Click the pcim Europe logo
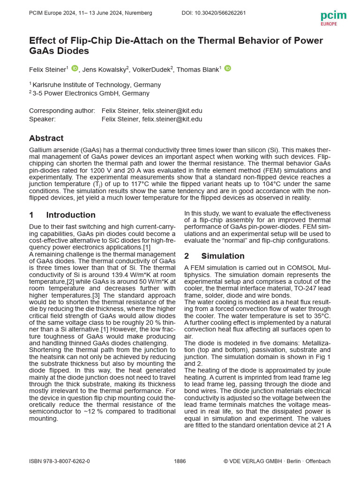coord(333,17)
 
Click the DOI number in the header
coord(213,13)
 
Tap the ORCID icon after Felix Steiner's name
coord(75,68)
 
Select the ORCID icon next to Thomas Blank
coord(227,68)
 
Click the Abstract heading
coord(46,138)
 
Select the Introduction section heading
coord(70,215)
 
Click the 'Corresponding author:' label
coord(62,111)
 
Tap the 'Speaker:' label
coord(42,119)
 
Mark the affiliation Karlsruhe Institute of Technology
coord(96,85)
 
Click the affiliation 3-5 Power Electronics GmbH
coord(91,93)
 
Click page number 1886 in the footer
coord(180,461)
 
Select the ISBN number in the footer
coord(60,461)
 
